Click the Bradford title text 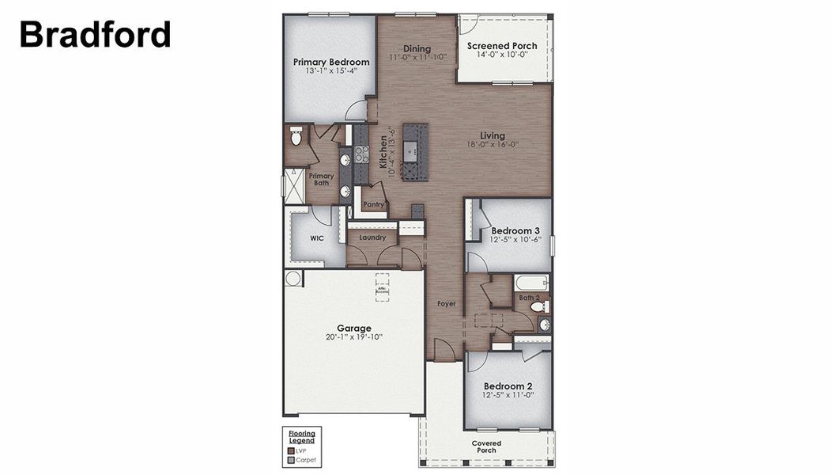[95, 34]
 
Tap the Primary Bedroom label [331, 62]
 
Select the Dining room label [417, 47]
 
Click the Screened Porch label [502, 46]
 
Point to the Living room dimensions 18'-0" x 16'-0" [492, 145]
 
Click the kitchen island [414, 150]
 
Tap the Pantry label [374, 205]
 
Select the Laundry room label [372, 237]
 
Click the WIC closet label [317, 237]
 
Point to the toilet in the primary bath [296, 137]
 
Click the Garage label [353, 328]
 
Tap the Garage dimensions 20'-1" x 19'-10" [353, 337]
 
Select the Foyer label [447, 303]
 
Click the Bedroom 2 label [508, 386]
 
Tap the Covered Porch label [486, 446]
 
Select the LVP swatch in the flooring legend [291, 450]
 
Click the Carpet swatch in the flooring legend [291, 459]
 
